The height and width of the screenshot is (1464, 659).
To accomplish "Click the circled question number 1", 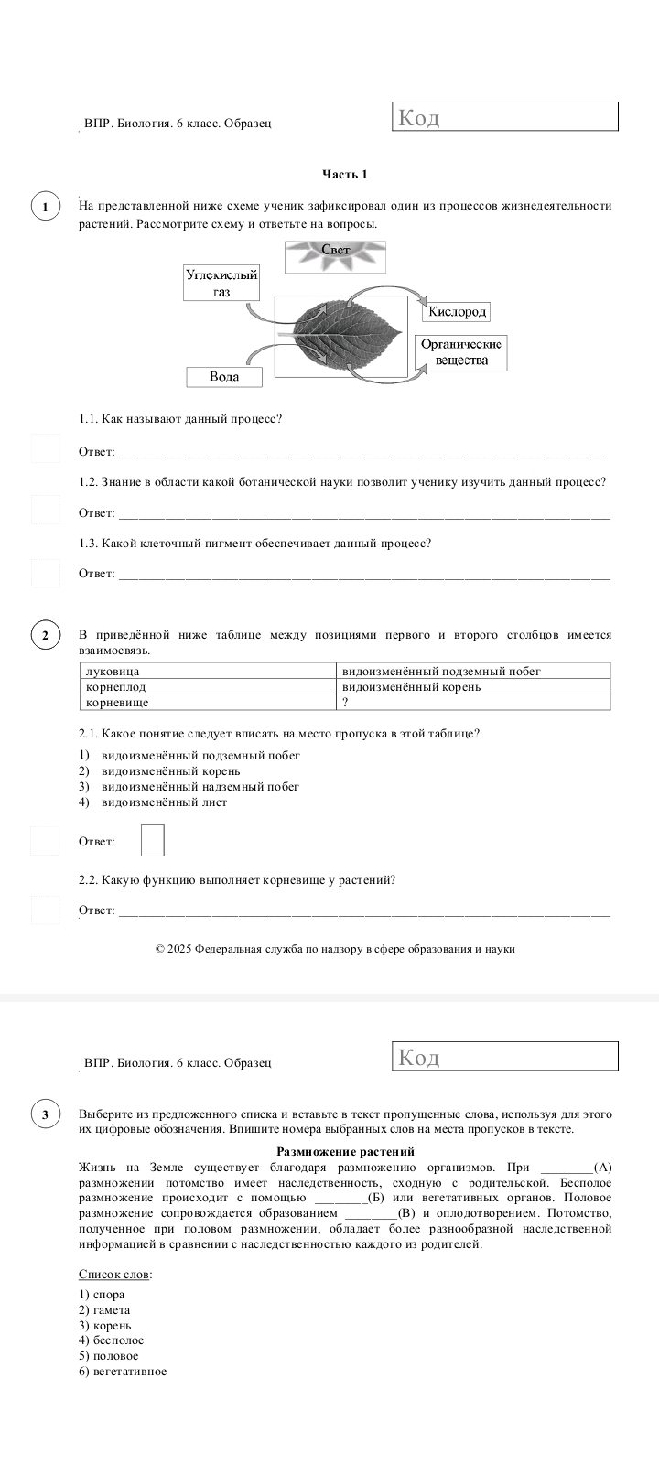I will click(x=46, y=206).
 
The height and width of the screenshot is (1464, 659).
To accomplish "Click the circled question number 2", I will click(x=46, y=636).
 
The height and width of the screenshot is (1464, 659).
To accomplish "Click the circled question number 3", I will click(x=46, y=1115).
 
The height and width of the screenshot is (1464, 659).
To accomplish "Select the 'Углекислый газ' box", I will click(x=221, y=283).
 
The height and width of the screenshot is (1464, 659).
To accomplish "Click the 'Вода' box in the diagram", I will click(x=224, y=377).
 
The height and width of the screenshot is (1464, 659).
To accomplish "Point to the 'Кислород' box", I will click(x=457, y=312).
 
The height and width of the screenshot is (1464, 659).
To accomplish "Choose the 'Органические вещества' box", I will click(x=461, y=352).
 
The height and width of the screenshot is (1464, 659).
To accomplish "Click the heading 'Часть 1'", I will click(x=345, y=174).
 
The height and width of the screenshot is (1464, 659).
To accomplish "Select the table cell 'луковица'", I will click(x=208, y=671).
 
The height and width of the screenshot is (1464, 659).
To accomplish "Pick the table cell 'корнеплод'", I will click(x=208, y=686).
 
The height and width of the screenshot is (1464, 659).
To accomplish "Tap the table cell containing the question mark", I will click(x=473, y=702).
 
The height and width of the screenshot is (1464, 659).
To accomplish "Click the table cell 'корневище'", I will click(x=208, y=702).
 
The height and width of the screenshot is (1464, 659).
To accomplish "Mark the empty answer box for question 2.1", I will click(x=153, y=840).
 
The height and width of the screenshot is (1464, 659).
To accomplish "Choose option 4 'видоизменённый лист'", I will click(x=164, y=802).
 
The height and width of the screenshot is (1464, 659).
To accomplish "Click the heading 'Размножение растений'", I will click(x=345, y=1151).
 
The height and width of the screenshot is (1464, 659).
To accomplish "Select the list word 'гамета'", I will click(x=112, y=1309).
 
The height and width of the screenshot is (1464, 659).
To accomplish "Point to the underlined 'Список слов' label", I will click(x=115, y=1274).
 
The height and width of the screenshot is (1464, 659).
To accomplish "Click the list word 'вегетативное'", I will click(x=130, y=1371).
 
